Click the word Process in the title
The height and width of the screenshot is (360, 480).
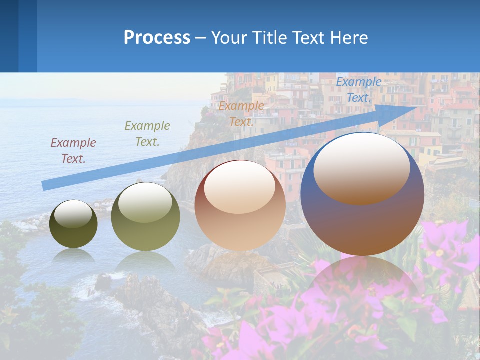(x=157, y=38)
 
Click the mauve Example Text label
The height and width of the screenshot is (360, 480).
(x=73, y=151)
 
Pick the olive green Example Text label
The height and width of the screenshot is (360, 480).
(x=147, y=134)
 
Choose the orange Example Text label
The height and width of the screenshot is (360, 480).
(x=241, y=113)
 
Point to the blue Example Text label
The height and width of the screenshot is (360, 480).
(x=358, y=90)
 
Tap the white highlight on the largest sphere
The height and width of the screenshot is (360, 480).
(x=361, y=167)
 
